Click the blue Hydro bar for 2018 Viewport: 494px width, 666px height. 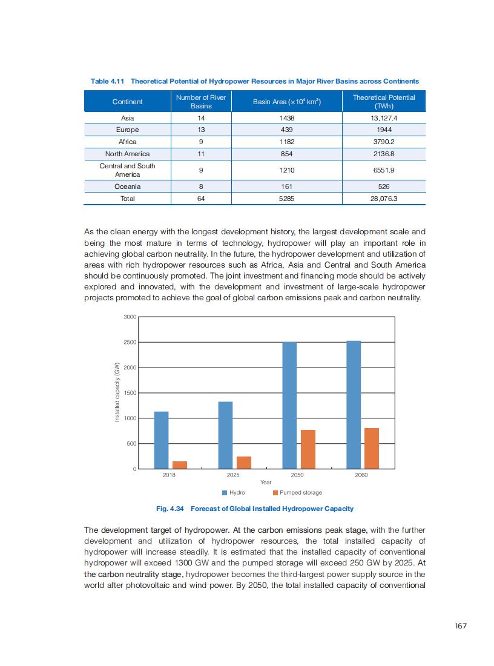(161, 440)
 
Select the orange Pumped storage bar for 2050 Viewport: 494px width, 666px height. (308, 449)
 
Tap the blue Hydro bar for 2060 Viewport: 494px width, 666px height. (354, 405)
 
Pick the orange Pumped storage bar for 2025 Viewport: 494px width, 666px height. (244, 463)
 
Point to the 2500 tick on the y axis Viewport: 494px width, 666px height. (130, 343)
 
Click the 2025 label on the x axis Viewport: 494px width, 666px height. (233, 475)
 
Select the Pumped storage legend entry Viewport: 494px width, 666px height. (297, 493)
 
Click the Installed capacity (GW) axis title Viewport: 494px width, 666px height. (117, 392)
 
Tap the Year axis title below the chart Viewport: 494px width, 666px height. (266, 483)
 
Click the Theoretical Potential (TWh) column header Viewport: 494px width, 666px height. (384, 101)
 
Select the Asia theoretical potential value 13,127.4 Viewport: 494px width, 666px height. (384, 118)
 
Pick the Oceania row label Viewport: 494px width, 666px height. (127, 186)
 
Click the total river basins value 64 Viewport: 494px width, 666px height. (201, 199)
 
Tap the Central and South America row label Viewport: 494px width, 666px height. (127, 170)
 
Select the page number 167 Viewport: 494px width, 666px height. (461, 626)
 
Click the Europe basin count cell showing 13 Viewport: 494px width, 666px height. (201, 130)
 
